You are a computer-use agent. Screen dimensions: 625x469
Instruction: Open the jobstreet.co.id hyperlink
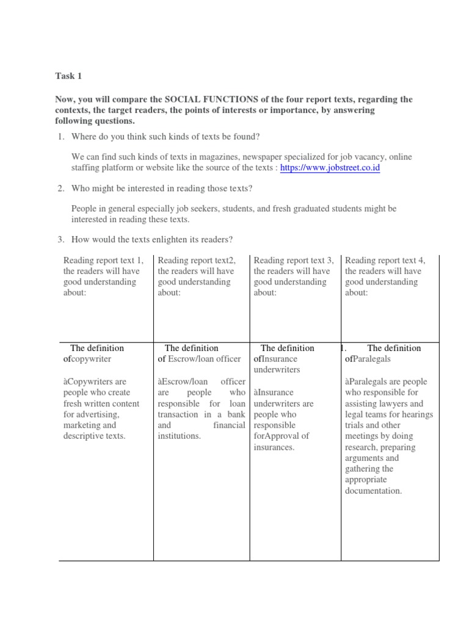point(330,168)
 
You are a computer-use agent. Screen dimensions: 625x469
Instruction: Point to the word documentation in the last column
point(373,491)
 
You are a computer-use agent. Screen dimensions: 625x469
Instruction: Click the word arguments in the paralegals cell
point(363,458)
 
